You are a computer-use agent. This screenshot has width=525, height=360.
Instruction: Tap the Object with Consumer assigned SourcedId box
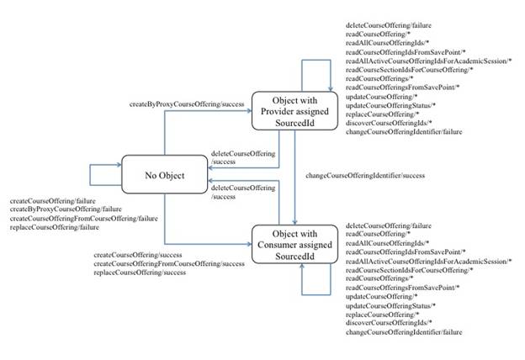(294, 240)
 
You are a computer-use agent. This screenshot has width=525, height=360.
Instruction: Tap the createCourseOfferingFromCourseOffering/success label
(169, 264)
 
